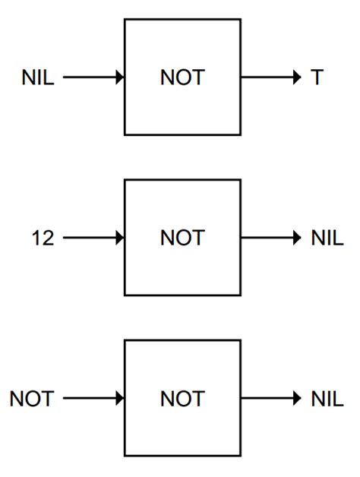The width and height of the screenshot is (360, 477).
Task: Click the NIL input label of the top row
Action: pyautogui.click(x=37, y=77)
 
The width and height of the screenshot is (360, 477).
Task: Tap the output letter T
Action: pyautogui.click(x=317, y=77)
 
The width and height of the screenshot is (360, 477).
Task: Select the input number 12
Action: pyautogui.click(x=43, y=238)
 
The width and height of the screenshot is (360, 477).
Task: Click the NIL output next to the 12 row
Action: pyautogui.click(x=327, y=238)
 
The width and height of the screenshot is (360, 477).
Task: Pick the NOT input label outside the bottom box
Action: pyautogui.click(x=32, y=399)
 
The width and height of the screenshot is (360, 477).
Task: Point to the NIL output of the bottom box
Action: pyautogui.click(x=327, y=399)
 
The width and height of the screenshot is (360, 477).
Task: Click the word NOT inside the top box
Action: pyautogui.click(x=182, y=77)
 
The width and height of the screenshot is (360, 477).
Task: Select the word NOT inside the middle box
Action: pyautogui.click(x=182, y=238)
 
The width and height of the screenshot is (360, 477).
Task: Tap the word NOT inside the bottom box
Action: pyautogui.click(x=182, y=399)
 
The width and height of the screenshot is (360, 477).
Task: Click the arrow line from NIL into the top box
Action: pyautogui.click(x=87, y=77)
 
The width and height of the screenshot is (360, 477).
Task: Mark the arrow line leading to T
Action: pyautogui.click(x=266, y=77)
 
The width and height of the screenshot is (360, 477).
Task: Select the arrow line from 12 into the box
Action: pyautogui.click(x=87, y=238)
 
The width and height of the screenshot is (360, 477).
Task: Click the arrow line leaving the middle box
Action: pyautogui.click(x=266, y=238)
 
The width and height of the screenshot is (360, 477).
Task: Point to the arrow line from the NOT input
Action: pyautogui.click(x=87, y=399)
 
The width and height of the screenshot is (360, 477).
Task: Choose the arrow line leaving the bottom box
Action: pyautogui.click(x=266, y=399)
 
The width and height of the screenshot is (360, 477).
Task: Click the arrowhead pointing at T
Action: pyautogui.click(x=296, y=77)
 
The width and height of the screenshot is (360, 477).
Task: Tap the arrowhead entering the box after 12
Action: pyautogui.click(x=119, y=238)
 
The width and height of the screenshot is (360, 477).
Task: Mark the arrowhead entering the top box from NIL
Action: pyautogui.click(x=119, y=77)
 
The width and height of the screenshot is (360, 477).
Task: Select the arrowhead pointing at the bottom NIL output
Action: pyautogui.click(x=296, y=399)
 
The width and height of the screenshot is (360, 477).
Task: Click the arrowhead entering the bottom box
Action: pyautogui.click(x=119, y=399)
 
